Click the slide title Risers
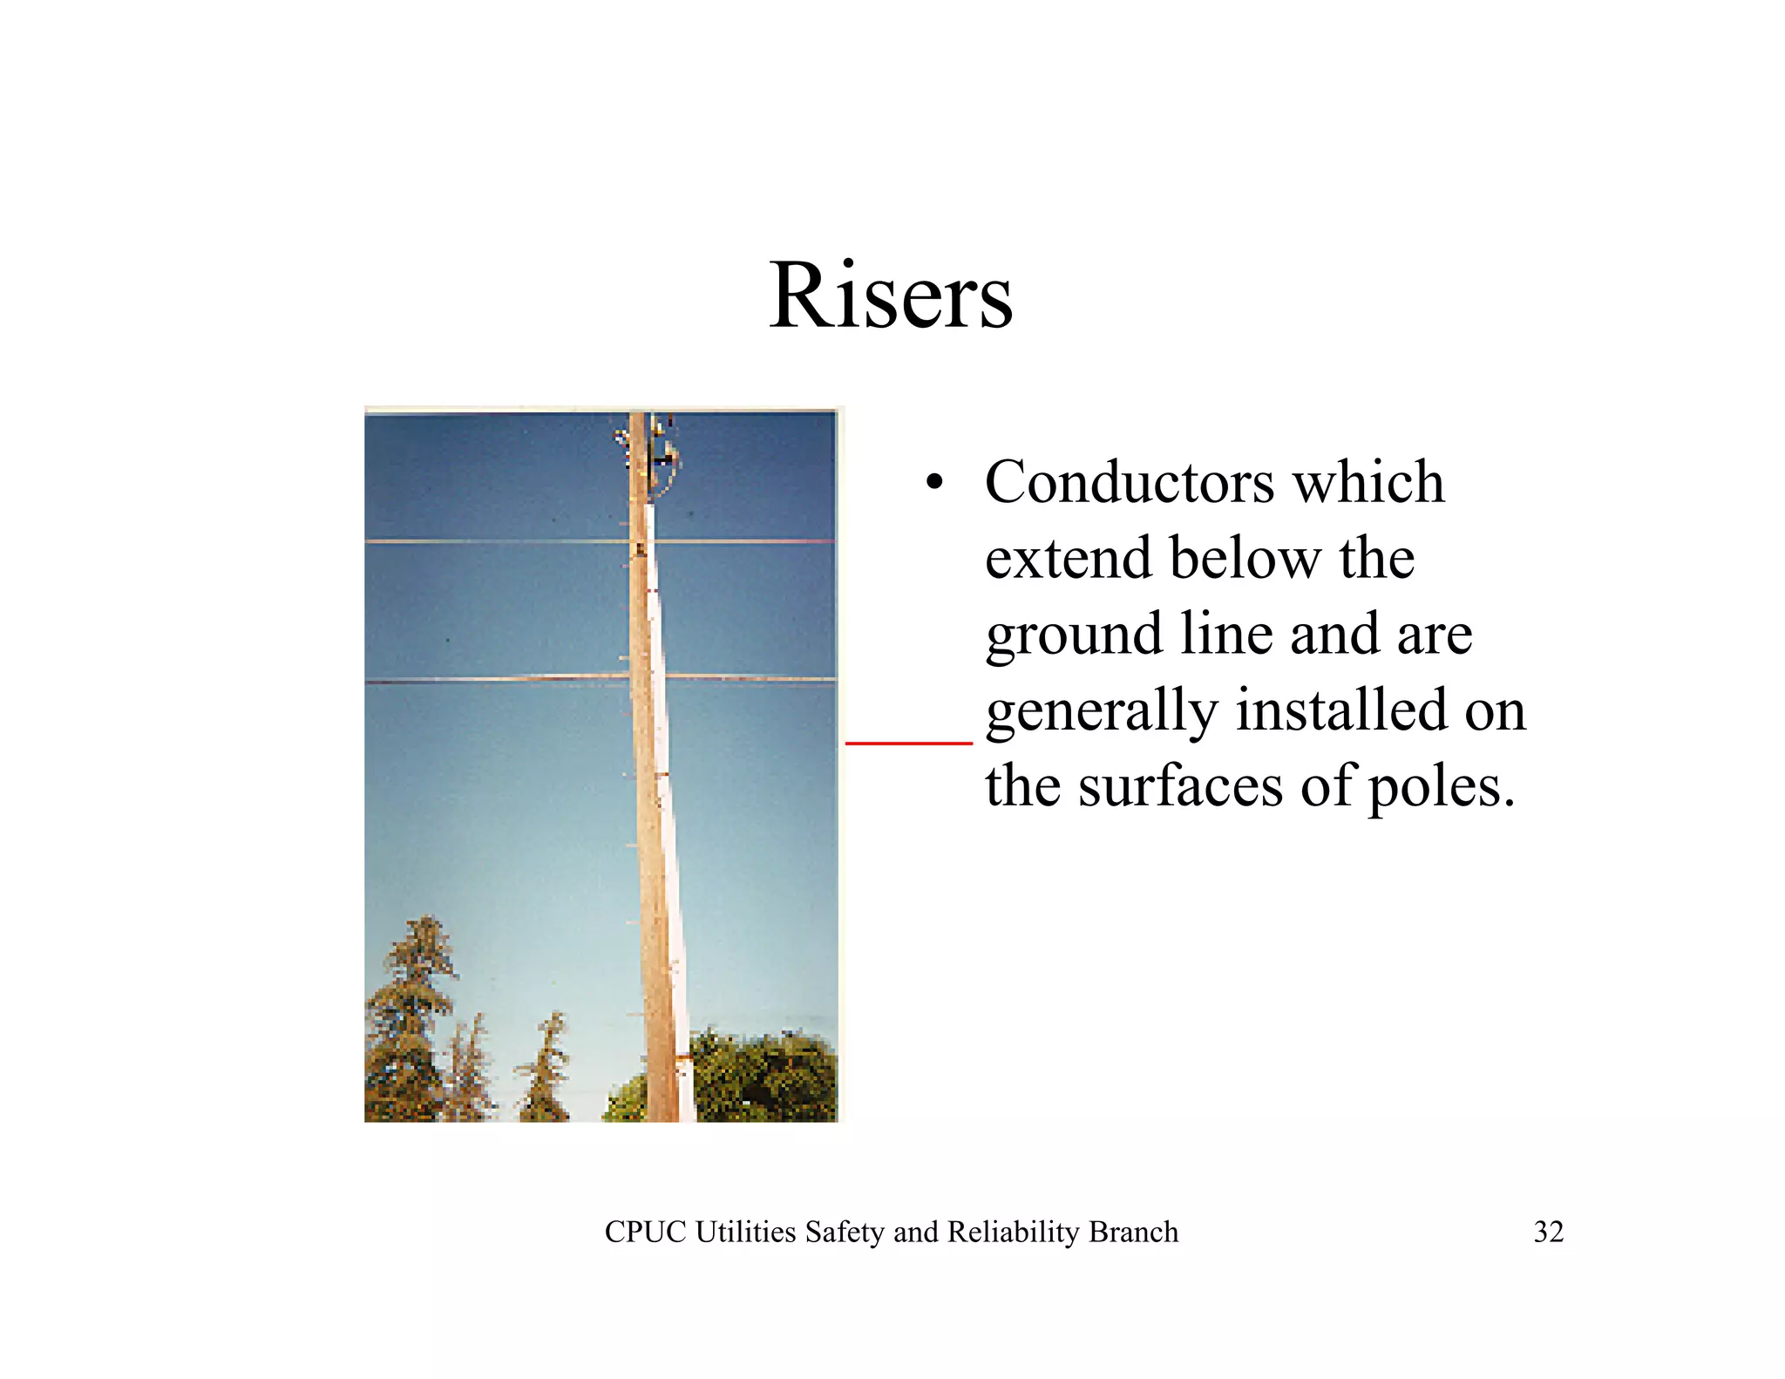[x=890, y=296]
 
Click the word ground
[x=1073, y=635]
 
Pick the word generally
[x=1101, y=710]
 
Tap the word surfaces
[x=1180, y=786]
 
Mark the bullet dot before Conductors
[x=934, y=483]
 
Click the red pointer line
[x=908, y=743]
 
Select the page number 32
[x=1548, y=1232]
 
